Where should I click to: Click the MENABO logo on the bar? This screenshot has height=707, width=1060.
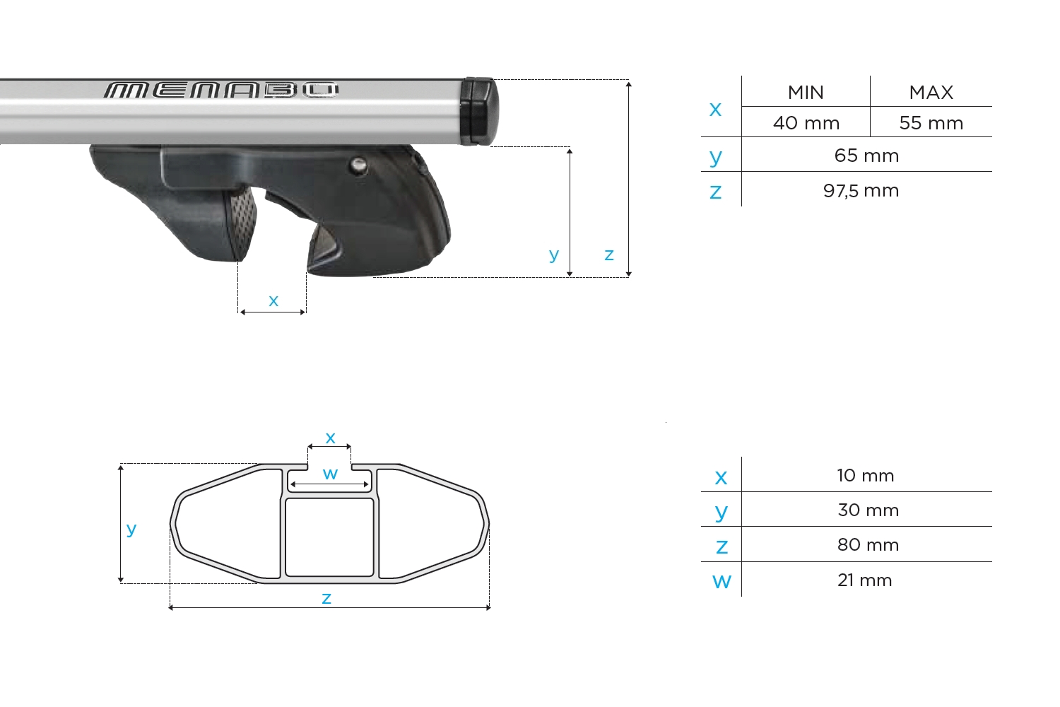click(x=221, y=90)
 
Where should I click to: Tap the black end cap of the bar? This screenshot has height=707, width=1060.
click(x=478, y=111)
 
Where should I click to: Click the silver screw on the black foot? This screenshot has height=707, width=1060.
click(x=358, y=165)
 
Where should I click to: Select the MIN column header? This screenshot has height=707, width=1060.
click(x=806, y=93)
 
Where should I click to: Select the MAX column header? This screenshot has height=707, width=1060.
click(x=931, y=93)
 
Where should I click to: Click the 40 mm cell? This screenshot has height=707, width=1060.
click(x=806, y=123)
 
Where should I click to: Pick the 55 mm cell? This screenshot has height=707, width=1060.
click(x=931, y=123)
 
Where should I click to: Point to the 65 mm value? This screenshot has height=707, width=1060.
click(x=866, y=156)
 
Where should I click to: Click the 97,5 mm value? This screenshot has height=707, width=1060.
click(x=861, y=191)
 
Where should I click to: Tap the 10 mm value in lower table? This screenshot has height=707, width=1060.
click(x=866, y=476)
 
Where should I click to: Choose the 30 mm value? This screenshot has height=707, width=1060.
click(x=868, y=510)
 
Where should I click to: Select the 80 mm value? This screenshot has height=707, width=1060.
click(x=868, y=545)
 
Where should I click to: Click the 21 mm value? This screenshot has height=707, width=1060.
click(x=864, y=580)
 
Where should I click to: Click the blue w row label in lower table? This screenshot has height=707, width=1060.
click(x=722, y=581)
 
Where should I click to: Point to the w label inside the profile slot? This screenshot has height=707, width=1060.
click(x=330, y=474)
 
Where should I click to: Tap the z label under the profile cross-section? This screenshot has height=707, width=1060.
click(x=326, y=599)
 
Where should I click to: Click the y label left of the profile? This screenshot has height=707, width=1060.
click(x=131, y=529)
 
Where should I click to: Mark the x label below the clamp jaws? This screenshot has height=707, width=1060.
click(x=273, y=300)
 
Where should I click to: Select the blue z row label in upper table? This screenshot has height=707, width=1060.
click(x=716, y=192)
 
